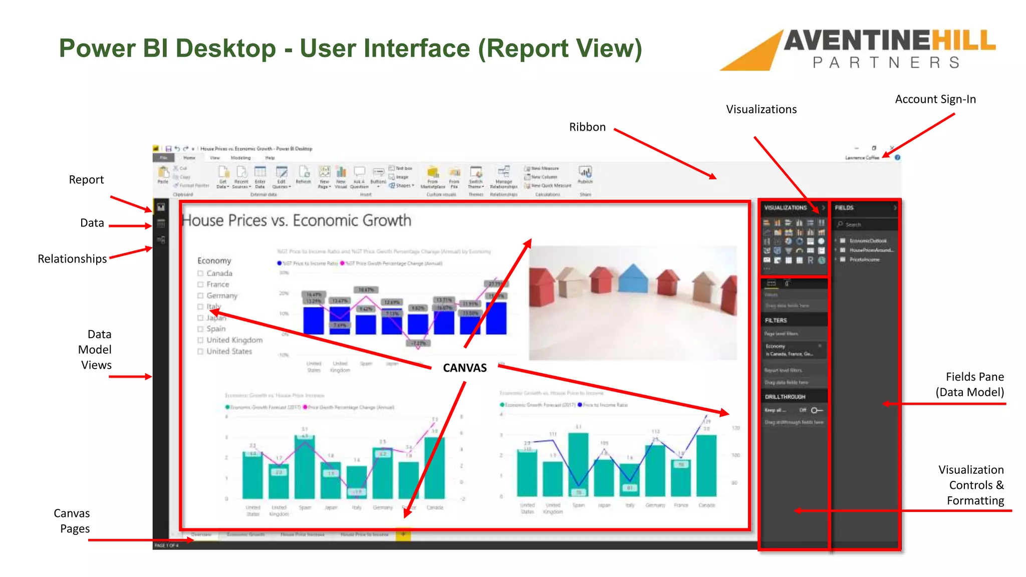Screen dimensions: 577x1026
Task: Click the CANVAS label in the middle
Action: tap(464, 368)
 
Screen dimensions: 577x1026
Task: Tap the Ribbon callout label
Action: tap(587, 127)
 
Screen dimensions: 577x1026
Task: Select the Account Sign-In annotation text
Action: tap(935, 99)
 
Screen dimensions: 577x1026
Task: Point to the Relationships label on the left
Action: tap(72, 259)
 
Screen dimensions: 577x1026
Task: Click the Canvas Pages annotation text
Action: tap(72, 521)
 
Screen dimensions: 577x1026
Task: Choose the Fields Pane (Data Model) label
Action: tap(970, 384)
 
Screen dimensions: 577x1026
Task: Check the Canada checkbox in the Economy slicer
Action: tap(200, 273)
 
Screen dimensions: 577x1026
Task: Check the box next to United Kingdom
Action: tap(200, 340)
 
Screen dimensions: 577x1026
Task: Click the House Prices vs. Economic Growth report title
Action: tap(296, 220)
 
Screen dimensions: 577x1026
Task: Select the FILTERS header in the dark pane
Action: tap(776, 321)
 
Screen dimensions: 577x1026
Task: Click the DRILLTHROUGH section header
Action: tap(785, 397)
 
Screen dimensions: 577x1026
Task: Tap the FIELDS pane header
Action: tap(844, 208)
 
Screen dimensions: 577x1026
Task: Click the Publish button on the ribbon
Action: tap(585, 175)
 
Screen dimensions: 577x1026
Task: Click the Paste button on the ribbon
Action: tap(163, 175)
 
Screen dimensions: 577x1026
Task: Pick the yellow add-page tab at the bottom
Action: tap(403, 535)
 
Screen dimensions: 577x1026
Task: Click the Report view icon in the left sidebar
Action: tap(161, 207)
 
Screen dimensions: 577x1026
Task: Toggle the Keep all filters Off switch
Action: tap(817, 410)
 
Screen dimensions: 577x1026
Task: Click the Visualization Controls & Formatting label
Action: tap(971, 485)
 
